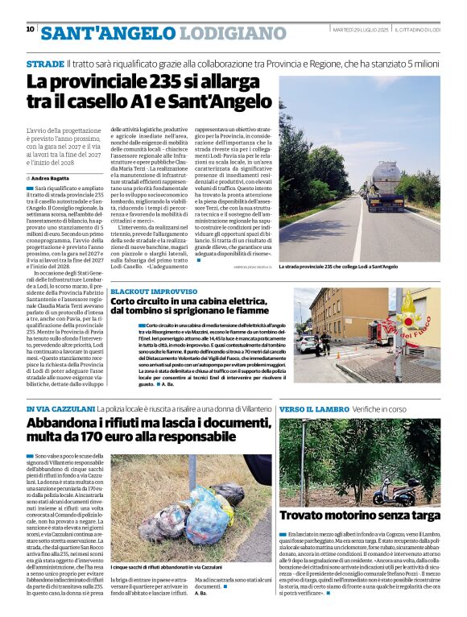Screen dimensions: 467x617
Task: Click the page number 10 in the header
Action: [x=31, y=30]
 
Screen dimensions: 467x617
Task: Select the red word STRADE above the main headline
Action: [x=45, y=62]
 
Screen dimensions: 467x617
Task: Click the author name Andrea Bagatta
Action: [x=49, y=177]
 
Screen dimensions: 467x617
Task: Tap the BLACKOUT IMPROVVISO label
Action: [x=154, y=291]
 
